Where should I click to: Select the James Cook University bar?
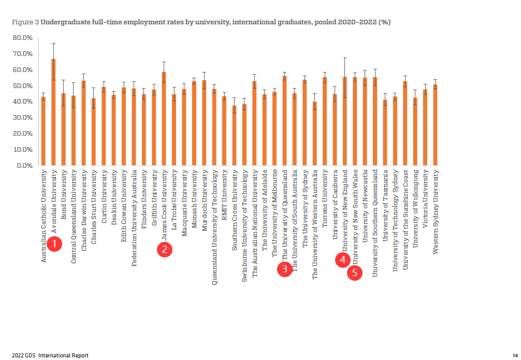pos(164,119)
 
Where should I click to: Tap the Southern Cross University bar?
pos(234,136)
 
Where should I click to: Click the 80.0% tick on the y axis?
pos(22,38)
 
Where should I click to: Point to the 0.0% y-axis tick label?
pos(24,166)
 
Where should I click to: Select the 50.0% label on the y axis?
pos(22,86)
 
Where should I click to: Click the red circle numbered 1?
pos(55,243)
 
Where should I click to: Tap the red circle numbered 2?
pos(164,250)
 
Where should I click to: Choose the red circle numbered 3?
pos(285,269)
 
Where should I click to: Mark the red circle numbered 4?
pos(343,260)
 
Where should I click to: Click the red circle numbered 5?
pos(355,273)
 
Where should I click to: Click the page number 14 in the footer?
pos(515,355)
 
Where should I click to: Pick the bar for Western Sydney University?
pos(436,125)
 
